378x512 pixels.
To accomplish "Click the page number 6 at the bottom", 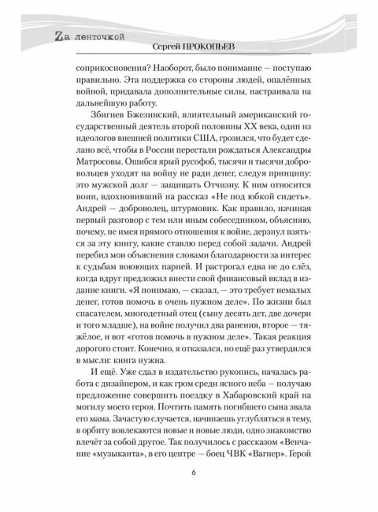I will [x=191, y=472].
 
